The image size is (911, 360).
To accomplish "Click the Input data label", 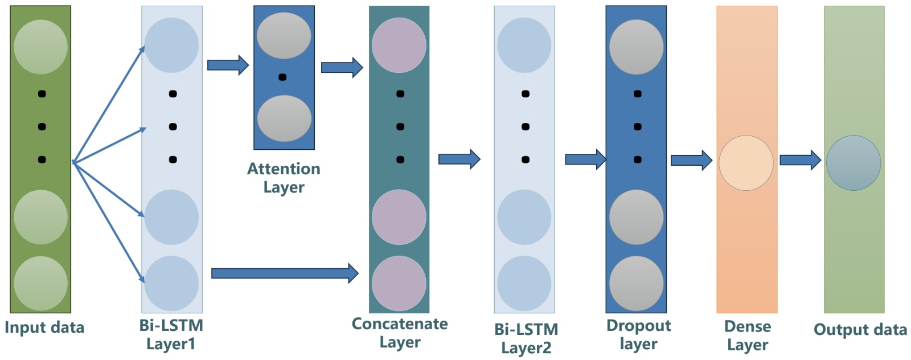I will point(44,328).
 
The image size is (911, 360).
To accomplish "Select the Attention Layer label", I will point(284,178).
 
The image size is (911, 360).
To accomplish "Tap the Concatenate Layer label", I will point(400,333).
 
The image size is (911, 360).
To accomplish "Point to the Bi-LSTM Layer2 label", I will point(526,338).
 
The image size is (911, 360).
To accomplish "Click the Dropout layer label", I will point(638,334).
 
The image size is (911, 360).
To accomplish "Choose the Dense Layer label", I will point(748,336).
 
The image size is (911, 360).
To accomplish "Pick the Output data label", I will point(860,330).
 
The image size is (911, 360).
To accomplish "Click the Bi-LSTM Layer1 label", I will point(171,334).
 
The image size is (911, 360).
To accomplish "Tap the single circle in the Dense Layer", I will point(746,163).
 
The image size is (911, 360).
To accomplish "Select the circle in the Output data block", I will point(853,163).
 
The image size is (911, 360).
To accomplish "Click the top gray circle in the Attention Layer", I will point(284,36).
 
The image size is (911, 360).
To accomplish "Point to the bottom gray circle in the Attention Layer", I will point(284,118).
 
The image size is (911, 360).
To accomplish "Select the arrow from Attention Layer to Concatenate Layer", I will point(342,68).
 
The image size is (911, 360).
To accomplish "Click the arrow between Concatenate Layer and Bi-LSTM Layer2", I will point(459,159).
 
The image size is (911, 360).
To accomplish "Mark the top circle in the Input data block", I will point(41,47).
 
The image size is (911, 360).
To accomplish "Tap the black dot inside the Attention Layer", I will point(282,77).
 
